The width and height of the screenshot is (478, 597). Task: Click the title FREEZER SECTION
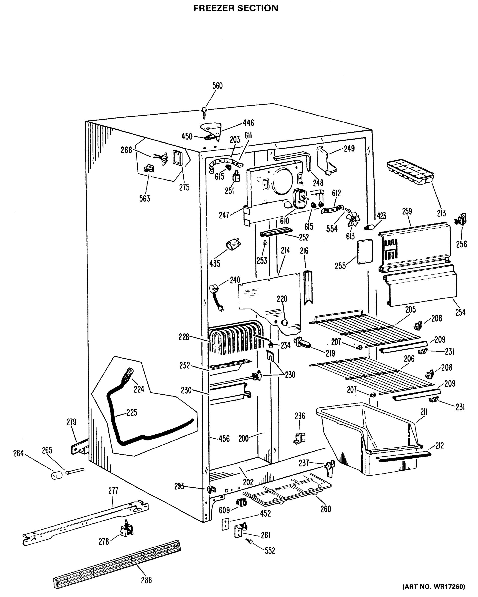tap(236, 8)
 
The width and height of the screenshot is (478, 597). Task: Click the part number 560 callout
tap(217, 86)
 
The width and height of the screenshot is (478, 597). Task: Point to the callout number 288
tap(146, 580)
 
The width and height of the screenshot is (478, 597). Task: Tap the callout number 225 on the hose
tap(132, 413)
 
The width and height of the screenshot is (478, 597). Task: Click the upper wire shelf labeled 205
tap(366, 330)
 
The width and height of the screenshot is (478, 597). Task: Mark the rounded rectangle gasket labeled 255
tap(365, 252)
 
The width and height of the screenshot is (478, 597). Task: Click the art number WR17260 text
tap(434, 587)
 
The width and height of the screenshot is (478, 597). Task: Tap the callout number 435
tap(215, 264)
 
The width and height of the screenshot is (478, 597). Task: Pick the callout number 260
tap(326, 509)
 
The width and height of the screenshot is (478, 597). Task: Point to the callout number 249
tap(349, 149)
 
